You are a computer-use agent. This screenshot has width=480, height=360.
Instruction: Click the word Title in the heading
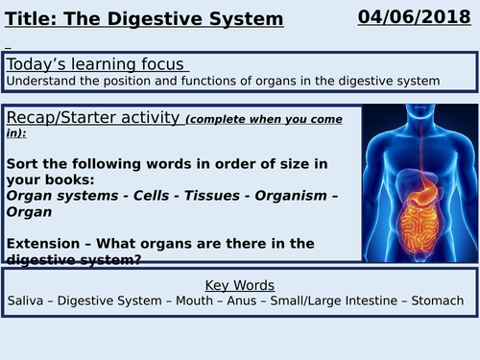(29, 18)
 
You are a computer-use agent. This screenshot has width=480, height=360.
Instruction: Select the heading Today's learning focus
(96, 64)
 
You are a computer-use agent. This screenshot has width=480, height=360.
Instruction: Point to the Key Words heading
(239, 258)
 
